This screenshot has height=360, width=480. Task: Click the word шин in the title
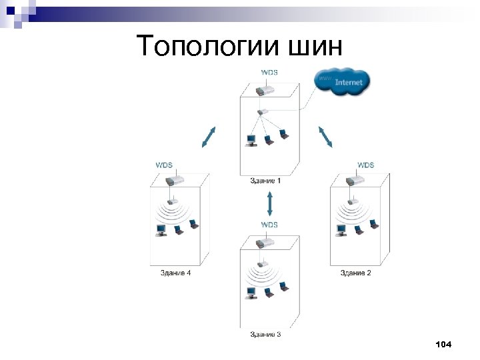coord(317,46)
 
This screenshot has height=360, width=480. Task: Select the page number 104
coord(443,344)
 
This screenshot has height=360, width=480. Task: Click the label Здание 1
coord(265,181)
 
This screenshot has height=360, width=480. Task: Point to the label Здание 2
coord(356,273)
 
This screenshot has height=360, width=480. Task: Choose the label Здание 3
coord(265,333)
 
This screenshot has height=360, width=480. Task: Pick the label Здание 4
coord(175,273)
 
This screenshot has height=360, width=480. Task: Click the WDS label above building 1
coord(269,72)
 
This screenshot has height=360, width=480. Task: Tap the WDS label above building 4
coord(164,165)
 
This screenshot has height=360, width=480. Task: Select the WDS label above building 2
coord(365,165)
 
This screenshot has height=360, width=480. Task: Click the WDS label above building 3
coord(269,225)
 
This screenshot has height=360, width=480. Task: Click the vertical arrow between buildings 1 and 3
coord(269,203)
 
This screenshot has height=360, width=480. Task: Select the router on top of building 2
coord(355,181)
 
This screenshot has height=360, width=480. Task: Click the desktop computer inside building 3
coord(251,291)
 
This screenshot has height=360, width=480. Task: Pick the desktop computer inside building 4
coord(161,230)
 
